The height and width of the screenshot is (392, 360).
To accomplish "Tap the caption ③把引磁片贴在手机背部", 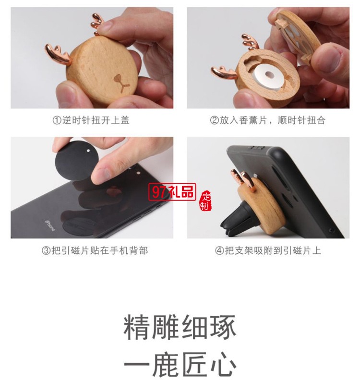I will coord(94,250).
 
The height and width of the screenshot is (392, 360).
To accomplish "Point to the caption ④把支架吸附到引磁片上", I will coord(267,250).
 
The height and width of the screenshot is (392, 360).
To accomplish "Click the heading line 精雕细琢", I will coord(180,328).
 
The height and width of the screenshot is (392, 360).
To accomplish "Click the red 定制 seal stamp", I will coord(205,201).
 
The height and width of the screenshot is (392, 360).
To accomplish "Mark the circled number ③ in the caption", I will coord(46,250).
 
